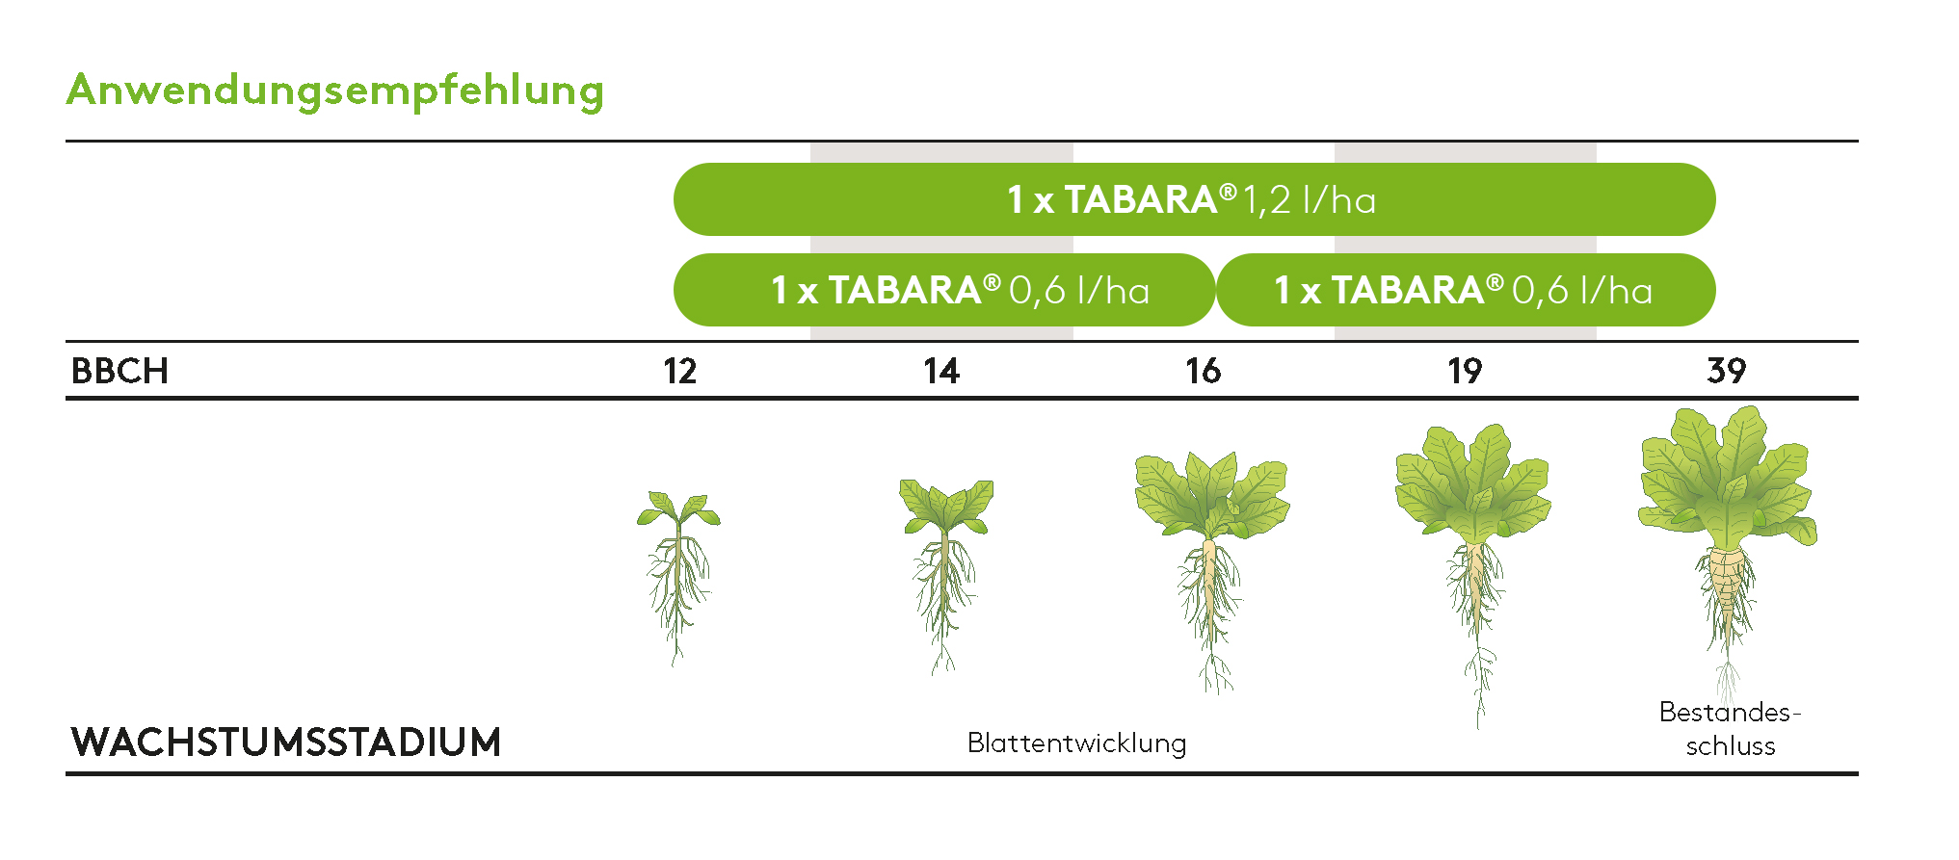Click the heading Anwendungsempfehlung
(x=334, y=91)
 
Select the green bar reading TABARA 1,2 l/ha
(x=1193, y=199)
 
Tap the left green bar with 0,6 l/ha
(x=944, y=290)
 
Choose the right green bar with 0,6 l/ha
(x=1465, y=290)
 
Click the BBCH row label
(x=119, y=371)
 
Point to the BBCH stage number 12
(x=679, y=372)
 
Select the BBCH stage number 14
(x=941, y=372)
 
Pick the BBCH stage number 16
(x=1203, y=372)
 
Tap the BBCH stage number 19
(x=1465, y=372)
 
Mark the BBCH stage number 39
(x=1726, y=371)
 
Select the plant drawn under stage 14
(x=945, y=568)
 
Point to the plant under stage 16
(x=1211, y=559)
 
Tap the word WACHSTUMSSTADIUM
(x=286, y=743)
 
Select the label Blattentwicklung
(x=1076, y=743)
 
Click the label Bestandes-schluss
(x=1730, y=729)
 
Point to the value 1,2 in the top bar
(x=1266, y=200)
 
